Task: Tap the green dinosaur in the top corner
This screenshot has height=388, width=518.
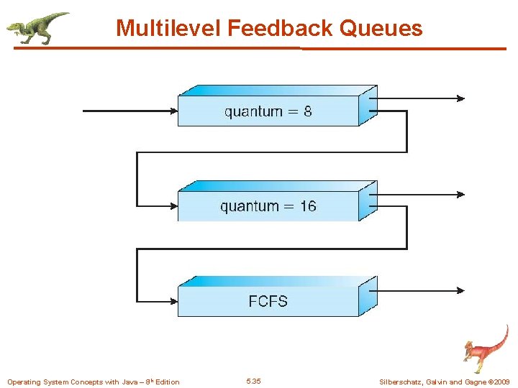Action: [37, 27]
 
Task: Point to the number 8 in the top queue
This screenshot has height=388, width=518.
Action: [307, 111]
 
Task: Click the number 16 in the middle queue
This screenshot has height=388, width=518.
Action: [307, 206]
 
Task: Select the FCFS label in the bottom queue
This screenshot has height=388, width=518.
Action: [268, 301]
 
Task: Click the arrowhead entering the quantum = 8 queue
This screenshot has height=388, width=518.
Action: [173, 111]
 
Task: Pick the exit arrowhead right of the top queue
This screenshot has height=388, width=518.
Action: [460, 98]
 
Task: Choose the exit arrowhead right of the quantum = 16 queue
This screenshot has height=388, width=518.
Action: [460, 194]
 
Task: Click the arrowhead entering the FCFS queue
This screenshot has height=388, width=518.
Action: [173, 301]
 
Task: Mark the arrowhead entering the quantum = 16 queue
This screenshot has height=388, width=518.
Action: [173, 205]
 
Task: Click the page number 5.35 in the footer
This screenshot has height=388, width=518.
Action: [253, 381]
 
